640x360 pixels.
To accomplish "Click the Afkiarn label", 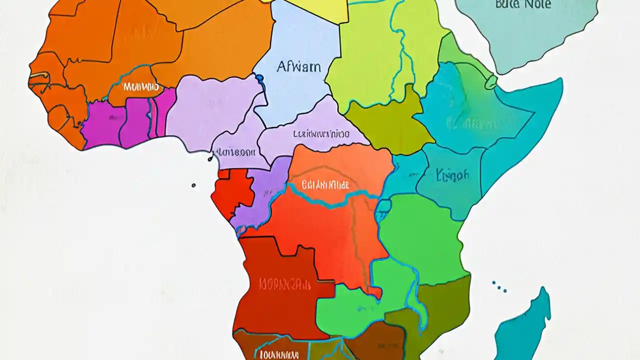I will point(298,66).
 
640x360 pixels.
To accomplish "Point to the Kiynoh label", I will point(452,174).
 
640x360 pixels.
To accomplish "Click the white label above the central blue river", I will point(325,185).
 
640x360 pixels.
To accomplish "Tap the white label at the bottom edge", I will point(279,354).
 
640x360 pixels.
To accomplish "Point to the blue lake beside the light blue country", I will point(259,78).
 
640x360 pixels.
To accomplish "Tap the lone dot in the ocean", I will point(193,185).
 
